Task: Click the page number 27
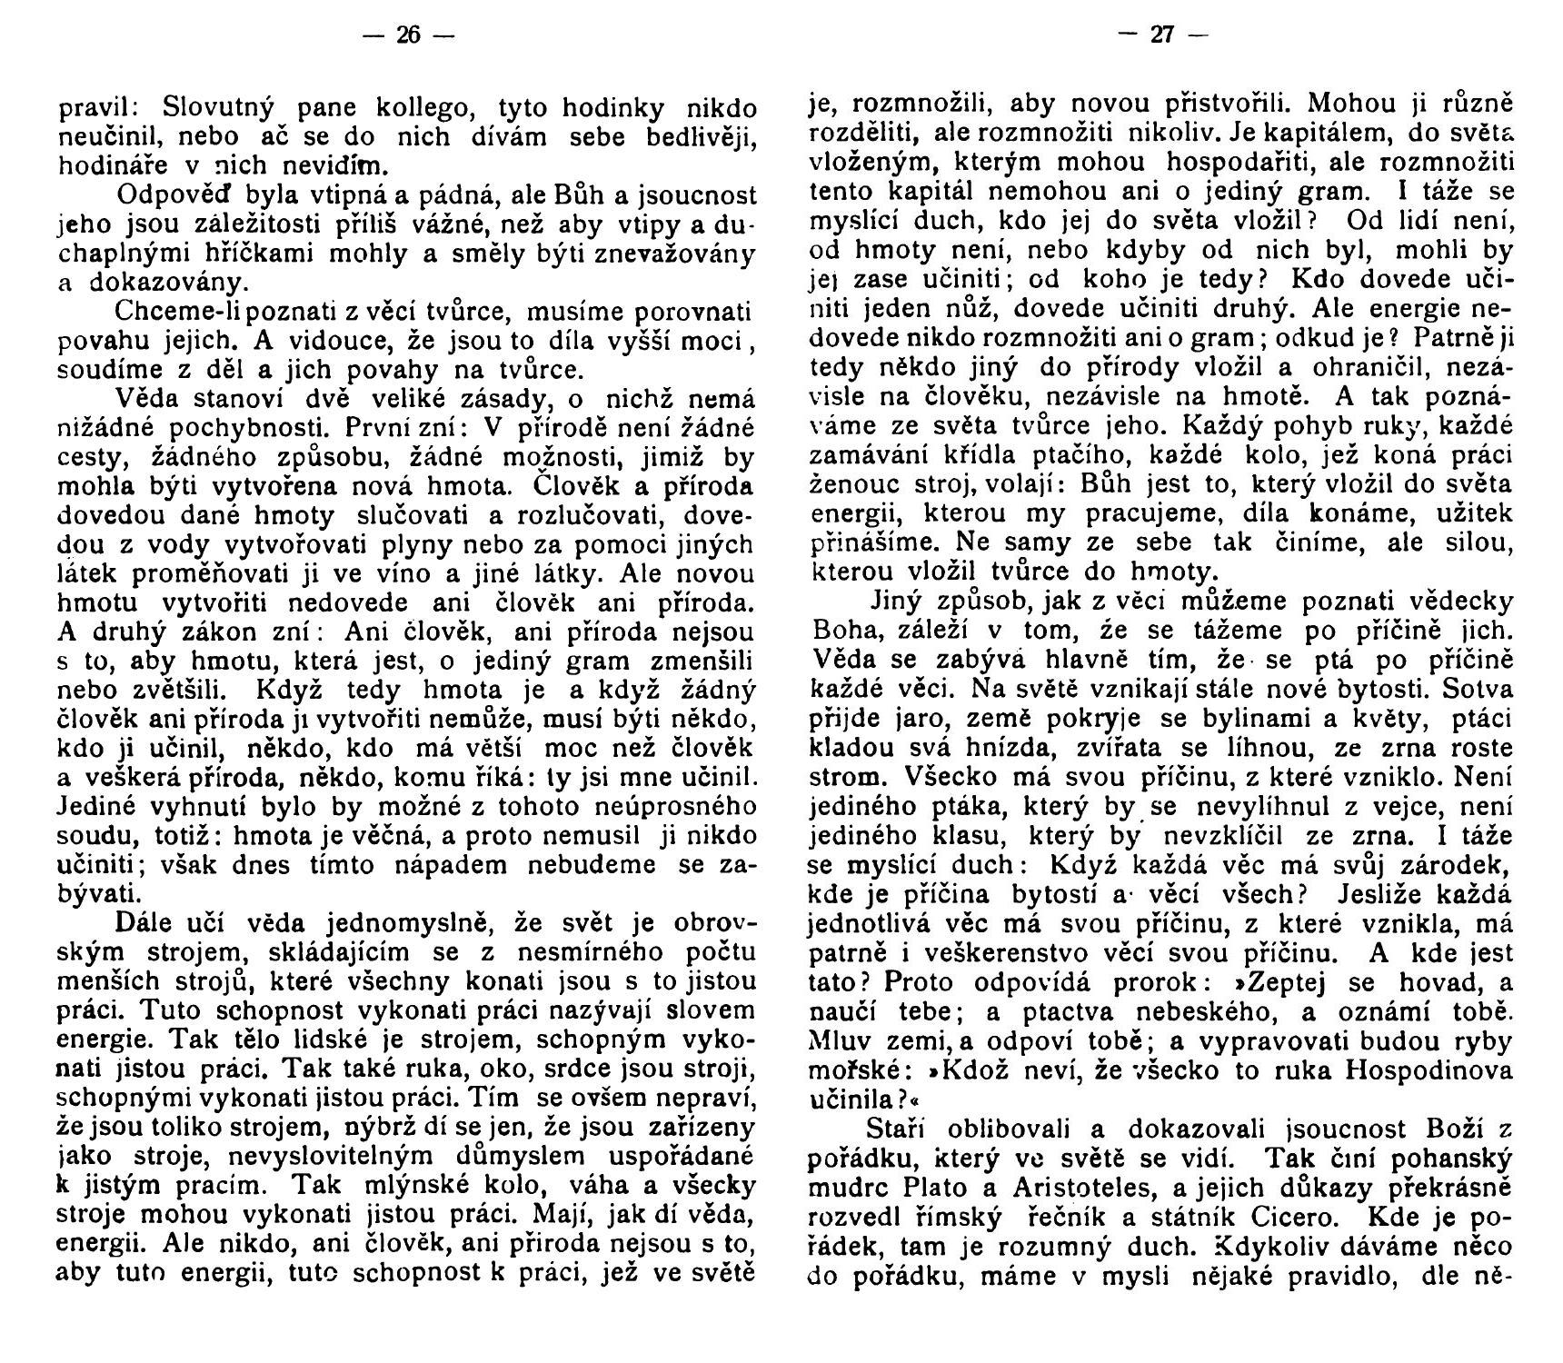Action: click(x=1161, y=35)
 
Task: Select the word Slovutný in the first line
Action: click(x=218, y=108)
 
